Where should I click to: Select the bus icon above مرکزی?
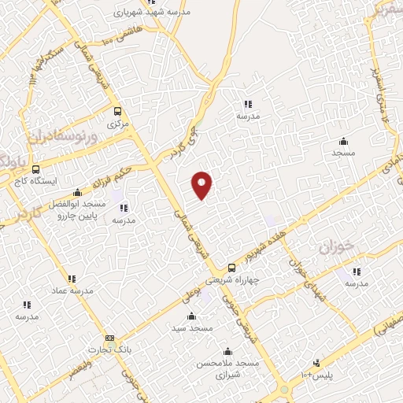point(117,112)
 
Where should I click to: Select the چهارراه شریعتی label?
point(231,279)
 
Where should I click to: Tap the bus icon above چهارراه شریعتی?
point(231,268)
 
